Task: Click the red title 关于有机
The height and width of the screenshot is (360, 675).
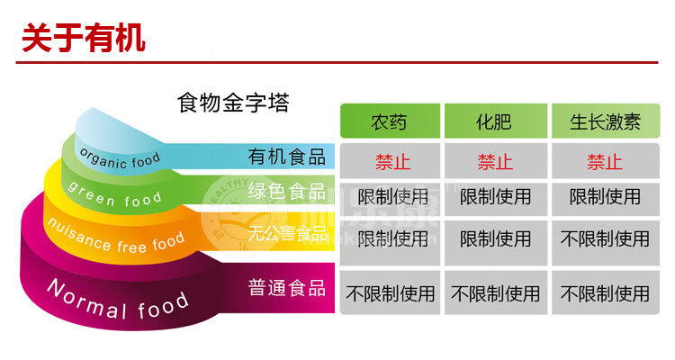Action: pyautogui.click(x=84, y=39)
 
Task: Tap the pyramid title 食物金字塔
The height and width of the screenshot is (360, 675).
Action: pyautogui.click(x=233, y=103)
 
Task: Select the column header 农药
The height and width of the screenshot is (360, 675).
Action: pyautogui.click(x=389, y=122)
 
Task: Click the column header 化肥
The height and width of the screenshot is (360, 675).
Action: pyautogui.click(x=494, y=122)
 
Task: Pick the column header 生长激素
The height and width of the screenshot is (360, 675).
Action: pyautogui.click(x=606, y=122)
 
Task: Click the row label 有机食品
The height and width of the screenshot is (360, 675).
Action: pyautogui.click(x=287, y=157)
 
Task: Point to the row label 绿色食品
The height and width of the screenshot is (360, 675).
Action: pyautogui.click(x=287, y=191)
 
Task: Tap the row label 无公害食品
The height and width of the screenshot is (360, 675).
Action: pyautogui.click(x=288, y=233)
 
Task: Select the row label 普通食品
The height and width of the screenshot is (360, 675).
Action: pyautogui.click(x=287, y=288)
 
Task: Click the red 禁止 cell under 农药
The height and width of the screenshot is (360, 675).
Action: pyautogui.click(x=392, y=162)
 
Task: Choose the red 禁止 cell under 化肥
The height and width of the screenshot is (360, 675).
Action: pyautogui.click(x=495, y=162)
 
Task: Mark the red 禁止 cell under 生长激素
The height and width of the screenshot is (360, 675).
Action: pyautogui.click(x=605, y=162)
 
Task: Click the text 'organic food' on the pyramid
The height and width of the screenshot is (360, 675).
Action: pyautogui.click(x=120, y=158)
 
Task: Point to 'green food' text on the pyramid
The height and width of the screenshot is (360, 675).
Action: pyautogui.click(x=115, y=195)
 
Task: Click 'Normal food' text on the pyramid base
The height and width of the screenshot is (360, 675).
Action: pyautogui.click(x=118, y=301)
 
